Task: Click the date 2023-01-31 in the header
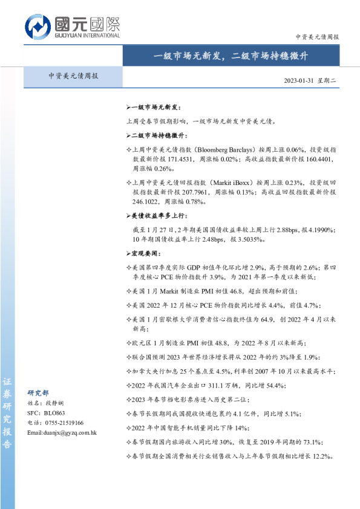300,81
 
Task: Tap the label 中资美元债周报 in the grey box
73,77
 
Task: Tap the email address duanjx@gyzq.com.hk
63,432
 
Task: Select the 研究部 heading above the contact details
39,392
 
